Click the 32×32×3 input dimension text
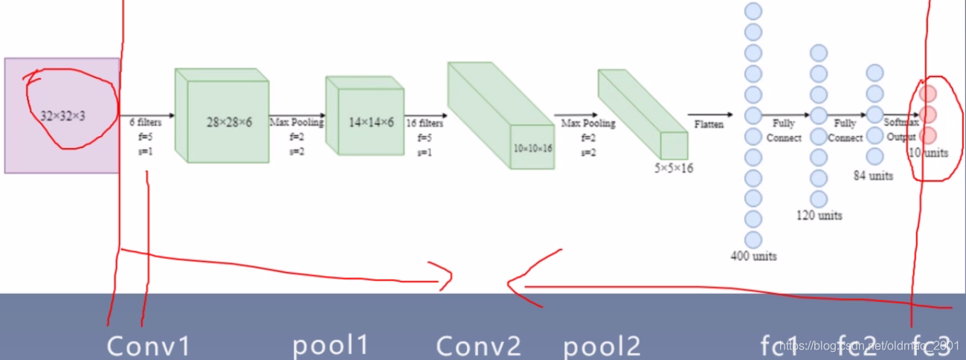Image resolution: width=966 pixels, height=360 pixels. pos(63,116)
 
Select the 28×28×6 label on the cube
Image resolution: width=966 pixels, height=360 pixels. pos(229,121)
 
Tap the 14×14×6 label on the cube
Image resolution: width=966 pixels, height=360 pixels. pos(371,121)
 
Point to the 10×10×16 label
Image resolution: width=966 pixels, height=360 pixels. pos(532,148)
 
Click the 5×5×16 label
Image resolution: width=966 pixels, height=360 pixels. pos(673,169)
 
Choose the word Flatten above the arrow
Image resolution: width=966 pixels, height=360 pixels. pos(709,124)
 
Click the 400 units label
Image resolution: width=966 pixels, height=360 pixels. pos(753,256)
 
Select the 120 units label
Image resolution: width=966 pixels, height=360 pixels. pos(819,216)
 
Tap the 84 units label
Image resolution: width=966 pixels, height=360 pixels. pos(873,176)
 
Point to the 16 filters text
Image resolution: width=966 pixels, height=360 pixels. pos(425,123)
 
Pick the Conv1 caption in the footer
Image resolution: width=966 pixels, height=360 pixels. pos(149,346)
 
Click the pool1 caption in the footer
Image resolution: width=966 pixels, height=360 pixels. pos(331,345)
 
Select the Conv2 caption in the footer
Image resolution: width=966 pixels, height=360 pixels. pos(478,346)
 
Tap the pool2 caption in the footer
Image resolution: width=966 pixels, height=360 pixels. pos(602,345)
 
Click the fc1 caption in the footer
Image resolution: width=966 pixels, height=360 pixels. pos(779,345)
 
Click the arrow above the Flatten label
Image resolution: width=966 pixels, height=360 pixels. pos(710,115)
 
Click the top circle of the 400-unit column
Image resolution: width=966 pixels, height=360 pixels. pos(753,11)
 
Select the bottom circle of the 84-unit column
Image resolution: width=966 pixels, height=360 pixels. pos(875,156)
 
